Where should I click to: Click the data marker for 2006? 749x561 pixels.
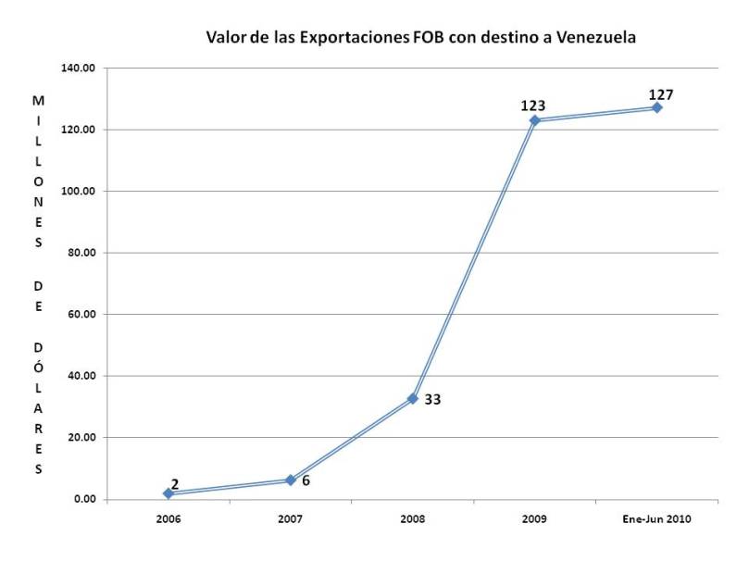(x=168, y=493)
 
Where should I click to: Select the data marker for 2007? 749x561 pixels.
(x=290, y=480)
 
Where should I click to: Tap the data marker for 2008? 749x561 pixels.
(x=412, y=398)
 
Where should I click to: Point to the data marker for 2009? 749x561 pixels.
(x=534, y=120)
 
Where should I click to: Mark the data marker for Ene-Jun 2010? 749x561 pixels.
(x=656, y=107)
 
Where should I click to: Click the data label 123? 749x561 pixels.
(x=533, y=106)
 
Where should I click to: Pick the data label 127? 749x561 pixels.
(x=660, y=93)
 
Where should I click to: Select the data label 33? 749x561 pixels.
(x=431, y=401)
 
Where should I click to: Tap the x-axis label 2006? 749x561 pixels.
(x=168, y=518)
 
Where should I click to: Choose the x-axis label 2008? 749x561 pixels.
(x=412, y=518)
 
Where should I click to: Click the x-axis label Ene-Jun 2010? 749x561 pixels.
(x=656, y=518)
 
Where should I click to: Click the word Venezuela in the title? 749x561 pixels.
(x=595, y=38)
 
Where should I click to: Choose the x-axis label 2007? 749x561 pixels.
(x=290, y=518)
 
